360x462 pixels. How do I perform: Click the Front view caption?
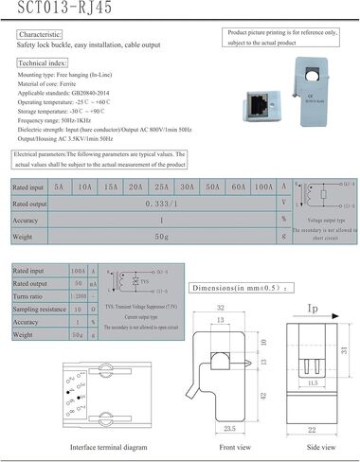[233, 449]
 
